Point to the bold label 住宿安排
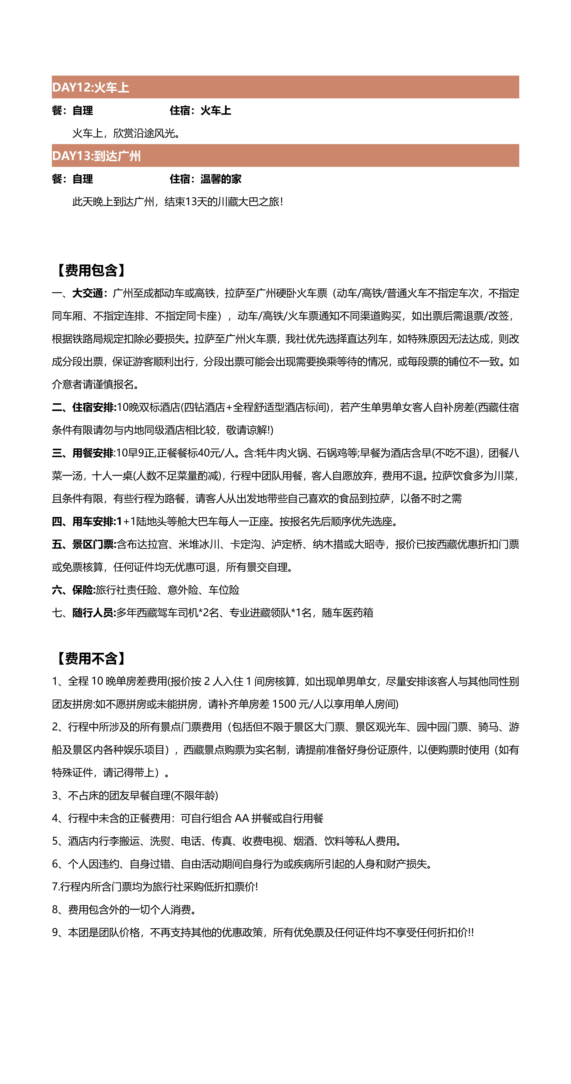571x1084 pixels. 93,407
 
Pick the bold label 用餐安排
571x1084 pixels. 93,453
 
